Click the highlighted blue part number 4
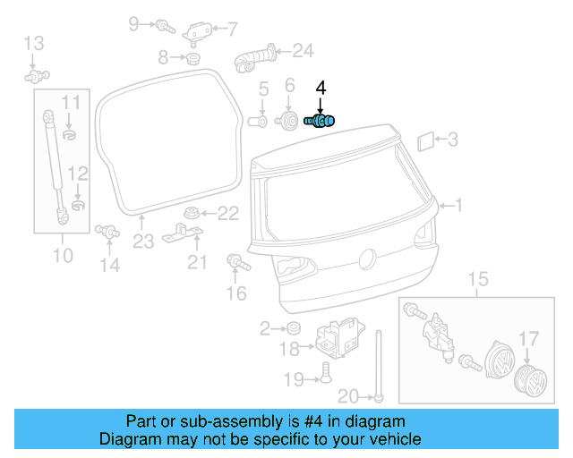[320, 121]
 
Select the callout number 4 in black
[321, 89]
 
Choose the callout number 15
[479, 280]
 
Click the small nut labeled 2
[293, 329]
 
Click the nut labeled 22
[189, 213]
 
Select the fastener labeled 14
[107, 232]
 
